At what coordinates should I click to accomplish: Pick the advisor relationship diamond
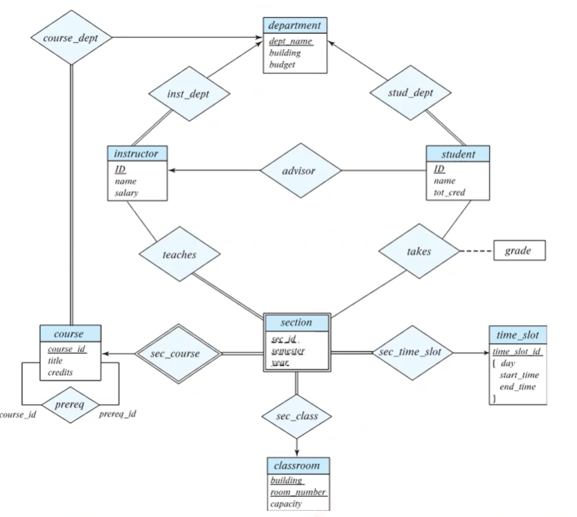[x=301, y=170]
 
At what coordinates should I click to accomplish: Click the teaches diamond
[x=179, y=254]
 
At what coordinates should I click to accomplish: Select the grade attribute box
[x=518, y=251]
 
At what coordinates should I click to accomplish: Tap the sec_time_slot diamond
[x=413, y=352]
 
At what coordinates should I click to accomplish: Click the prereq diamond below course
[x=70, y=403]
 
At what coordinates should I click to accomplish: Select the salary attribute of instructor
[x=127, y=193]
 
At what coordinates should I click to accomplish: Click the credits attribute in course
[x=62, y=371]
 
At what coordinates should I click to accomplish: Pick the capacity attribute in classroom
[x=286, y=503]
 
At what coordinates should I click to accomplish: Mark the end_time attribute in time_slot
[x=517, y=387]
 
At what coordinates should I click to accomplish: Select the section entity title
[x=296, y=322]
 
